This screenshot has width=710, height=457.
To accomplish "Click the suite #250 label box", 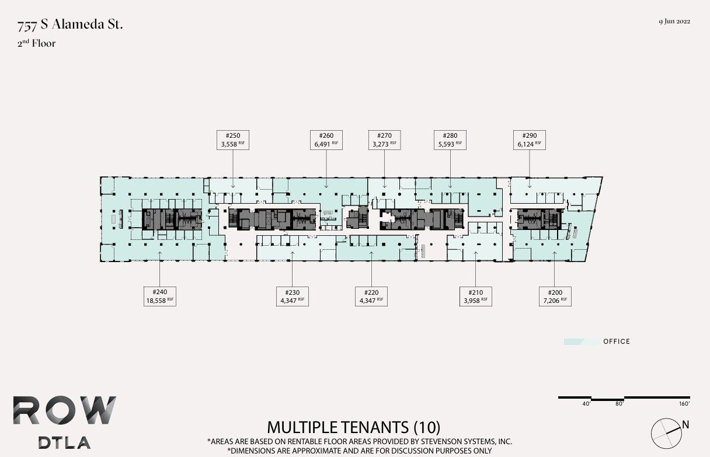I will (x=233, y=139).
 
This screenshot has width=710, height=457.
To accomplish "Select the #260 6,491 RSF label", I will (x=326, y=139).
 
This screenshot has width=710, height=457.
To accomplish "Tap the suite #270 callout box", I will (x=384, y=139).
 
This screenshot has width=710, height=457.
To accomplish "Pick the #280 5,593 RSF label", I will (x=450, y=139).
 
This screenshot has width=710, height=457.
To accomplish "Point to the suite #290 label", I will (x=529, y=139).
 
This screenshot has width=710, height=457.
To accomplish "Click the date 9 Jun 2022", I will (x=674, y=22).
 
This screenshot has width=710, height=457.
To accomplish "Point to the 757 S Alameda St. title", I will (x=70, y=25).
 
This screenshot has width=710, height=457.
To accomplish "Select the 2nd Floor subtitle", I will (x=36, y=43).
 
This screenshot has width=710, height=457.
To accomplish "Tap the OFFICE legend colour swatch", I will (x=582, y=341).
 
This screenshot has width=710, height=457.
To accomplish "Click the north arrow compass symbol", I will (x=666, y=432).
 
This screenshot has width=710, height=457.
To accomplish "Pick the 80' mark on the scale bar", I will (x=619, y=403).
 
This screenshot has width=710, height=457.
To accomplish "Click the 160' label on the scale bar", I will (x=684, y=403).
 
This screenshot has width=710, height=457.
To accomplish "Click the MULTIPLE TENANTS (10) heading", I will (x=354, y=427).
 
